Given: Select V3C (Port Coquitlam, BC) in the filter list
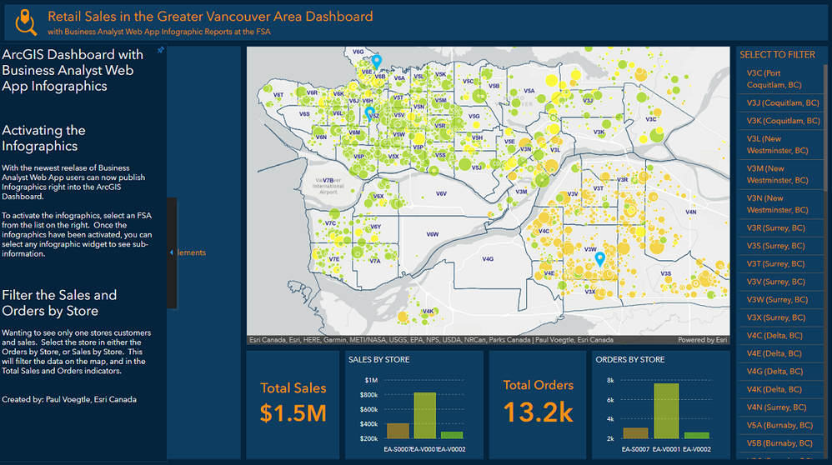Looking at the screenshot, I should point(776,79).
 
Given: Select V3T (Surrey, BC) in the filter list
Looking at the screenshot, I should point(776,264).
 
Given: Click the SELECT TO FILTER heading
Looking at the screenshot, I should point(777,55).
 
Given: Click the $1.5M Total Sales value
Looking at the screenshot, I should point(293,413).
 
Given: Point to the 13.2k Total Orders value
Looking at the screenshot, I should point(538,412).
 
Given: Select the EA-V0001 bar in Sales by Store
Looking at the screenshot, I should point(425,415).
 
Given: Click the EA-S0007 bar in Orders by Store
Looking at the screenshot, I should point(635,432).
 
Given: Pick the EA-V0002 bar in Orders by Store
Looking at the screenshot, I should point(697,435).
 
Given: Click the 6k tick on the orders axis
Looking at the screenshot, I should point(611,399).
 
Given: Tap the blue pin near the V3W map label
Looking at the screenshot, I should point(599,260).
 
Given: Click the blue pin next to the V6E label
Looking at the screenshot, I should point(376,62).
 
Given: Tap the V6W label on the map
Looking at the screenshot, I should point(432,235).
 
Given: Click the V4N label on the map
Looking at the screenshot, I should point(690,212).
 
